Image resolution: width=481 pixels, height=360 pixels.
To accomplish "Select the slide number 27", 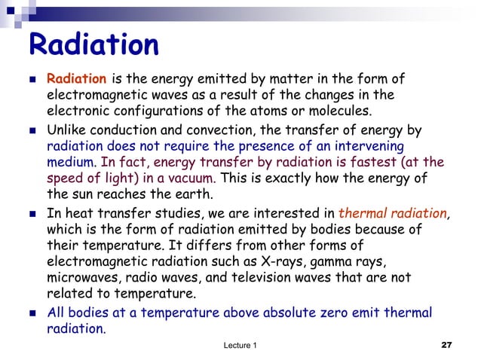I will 446,345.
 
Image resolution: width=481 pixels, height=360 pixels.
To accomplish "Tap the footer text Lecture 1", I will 240,345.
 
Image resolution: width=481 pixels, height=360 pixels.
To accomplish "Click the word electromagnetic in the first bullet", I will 90,96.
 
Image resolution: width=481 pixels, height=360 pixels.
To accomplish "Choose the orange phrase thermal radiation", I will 393,212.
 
